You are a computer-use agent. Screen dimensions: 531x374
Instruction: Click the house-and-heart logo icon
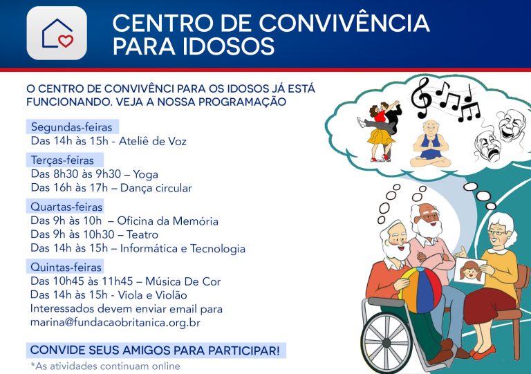[x=57, y=32]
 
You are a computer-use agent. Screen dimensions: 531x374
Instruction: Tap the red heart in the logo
[x=66, y=41]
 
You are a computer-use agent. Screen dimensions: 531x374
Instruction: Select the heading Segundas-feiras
[x=71, y=127]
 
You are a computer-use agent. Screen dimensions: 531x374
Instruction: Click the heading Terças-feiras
[x=62, y=160]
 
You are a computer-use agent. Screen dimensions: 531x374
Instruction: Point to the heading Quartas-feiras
[x=66, y=207]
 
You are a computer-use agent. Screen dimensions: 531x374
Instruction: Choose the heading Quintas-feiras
[x=66, y=267]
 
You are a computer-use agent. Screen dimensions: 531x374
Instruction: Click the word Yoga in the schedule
[x=146, y=175]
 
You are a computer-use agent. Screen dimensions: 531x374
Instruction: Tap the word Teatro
[x=142, y=234]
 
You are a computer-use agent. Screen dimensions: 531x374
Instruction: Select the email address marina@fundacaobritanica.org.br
[x=115, y=323]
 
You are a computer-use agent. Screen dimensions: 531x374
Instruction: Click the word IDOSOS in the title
[x=229, y=46]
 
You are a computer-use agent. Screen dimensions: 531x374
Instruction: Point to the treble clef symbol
[x=420, y=98]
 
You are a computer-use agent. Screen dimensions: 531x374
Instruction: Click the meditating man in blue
[x=431, y=144]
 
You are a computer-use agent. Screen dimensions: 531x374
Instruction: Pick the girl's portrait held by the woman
[x=470, y=271]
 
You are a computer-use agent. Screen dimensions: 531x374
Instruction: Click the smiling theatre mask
[x=512, y=124]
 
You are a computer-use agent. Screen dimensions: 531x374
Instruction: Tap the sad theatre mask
[x=487, y=147]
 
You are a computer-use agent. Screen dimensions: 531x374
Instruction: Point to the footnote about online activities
[x=105, y=366]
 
